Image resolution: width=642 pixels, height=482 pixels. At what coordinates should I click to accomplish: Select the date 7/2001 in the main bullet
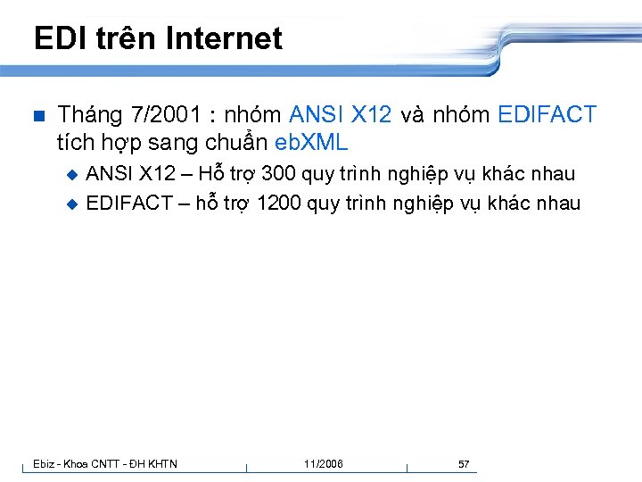(165, 114)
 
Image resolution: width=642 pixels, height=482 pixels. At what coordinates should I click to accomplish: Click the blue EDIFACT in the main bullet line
(547, 114)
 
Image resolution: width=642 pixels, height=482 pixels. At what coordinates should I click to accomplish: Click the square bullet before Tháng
(37, 115)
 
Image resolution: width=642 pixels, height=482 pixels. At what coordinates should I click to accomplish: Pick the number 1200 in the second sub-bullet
(279, 203)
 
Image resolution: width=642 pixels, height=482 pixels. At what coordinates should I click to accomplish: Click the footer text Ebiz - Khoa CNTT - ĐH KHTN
(105, 463)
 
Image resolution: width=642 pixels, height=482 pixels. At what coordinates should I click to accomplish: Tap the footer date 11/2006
(323, 463)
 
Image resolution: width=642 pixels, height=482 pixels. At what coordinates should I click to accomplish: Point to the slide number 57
(464, 463)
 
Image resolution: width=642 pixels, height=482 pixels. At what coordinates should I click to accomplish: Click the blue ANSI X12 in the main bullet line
(341, 114)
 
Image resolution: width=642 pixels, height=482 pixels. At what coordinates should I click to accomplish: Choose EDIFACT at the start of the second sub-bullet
(129, 203)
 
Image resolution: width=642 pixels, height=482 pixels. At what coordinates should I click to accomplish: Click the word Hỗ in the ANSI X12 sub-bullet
(214, 173)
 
